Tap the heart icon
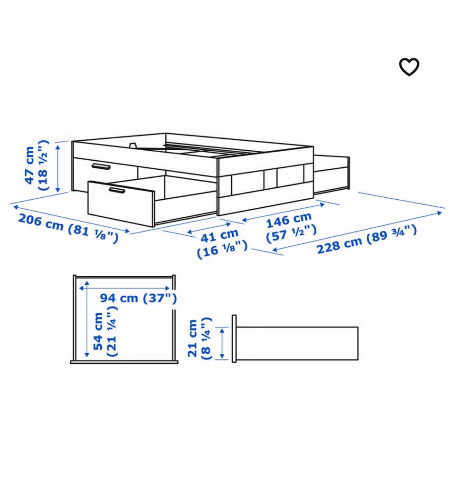pyautogui.click(x=409, y=67)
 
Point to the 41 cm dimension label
pyautogui.click(x=222, y=243)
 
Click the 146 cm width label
pyautogui.click(x=291, y=227)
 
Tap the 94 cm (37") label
pyautogui.click(x=138, y=298)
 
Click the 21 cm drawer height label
pyautogui.click(x=200, y=338)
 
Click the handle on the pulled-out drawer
pyautogui.click(x=117, y=190)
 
